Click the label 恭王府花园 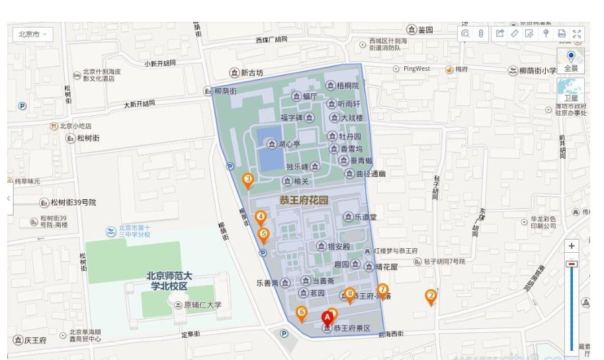(x=304, y=199)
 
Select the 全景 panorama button (x=570, y=60)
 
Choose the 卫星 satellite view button (x=570, y=90)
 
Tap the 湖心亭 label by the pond (x=288, y=144)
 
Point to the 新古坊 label (x=251, y=73)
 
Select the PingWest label (x=416, y=69)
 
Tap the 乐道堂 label (x=365, y=216)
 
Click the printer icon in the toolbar (x=562, y=34)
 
